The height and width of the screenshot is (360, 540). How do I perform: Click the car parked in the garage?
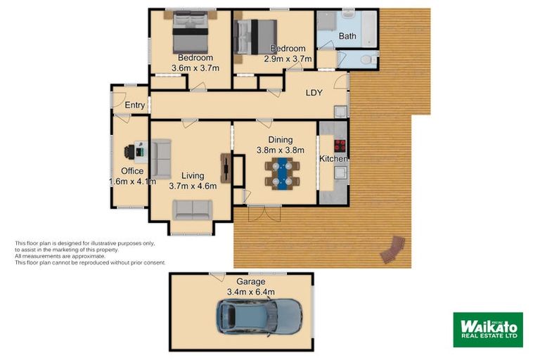tap(259, 315)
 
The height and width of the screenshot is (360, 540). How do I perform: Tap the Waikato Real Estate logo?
tap(487, 329)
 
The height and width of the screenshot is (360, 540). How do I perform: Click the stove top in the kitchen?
tap(340, 146)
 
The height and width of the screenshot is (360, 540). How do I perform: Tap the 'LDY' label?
tap(314, 92)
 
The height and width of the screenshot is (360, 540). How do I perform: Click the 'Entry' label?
tap(134, 105)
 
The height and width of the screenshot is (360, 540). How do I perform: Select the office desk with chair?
tap(135, 151)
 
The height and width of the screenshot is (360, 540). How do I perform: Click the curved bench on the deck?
tap(393, 249)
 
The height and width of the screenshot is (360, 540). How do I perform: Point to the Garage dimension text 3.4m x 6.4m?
tap(250, 292)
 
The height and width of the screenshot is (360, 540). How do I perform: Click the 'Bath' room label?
tap(347, 36)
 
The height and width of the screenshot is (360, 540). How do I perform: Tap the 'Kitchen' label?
tap(334, 160)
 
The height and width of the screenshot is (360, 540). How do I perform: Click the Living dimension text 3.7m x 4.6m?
tap(193, 186)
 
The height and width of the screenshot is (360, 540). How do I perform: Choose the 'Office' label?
tap(132, 171)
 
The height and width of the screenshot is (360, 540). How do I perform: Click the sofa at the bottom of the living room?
tap(193, 209)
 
